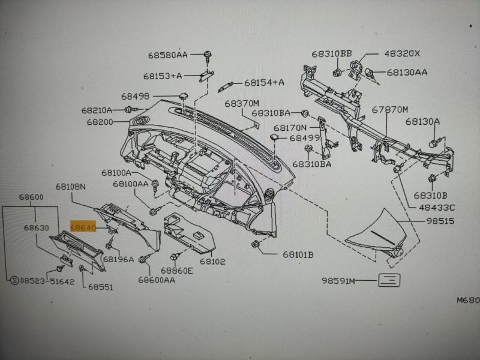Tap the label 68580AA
(x=168, y=55)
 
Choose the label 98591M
(x=338, y=281)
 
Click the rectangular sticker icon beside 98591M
(x=390, y=280)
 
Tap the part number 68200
(x=100, y=121)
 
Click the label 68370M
(x=242, y=103)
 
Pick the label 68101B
(x=298, y=254)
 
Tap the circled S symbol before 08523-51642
(x=13, y=280)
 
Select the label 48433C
(x=436, y=208)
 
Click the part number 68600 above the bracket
(x=30, y=197)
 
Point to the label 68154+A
(x=264, y=82)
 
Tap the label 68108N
(x=71, y=187)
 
